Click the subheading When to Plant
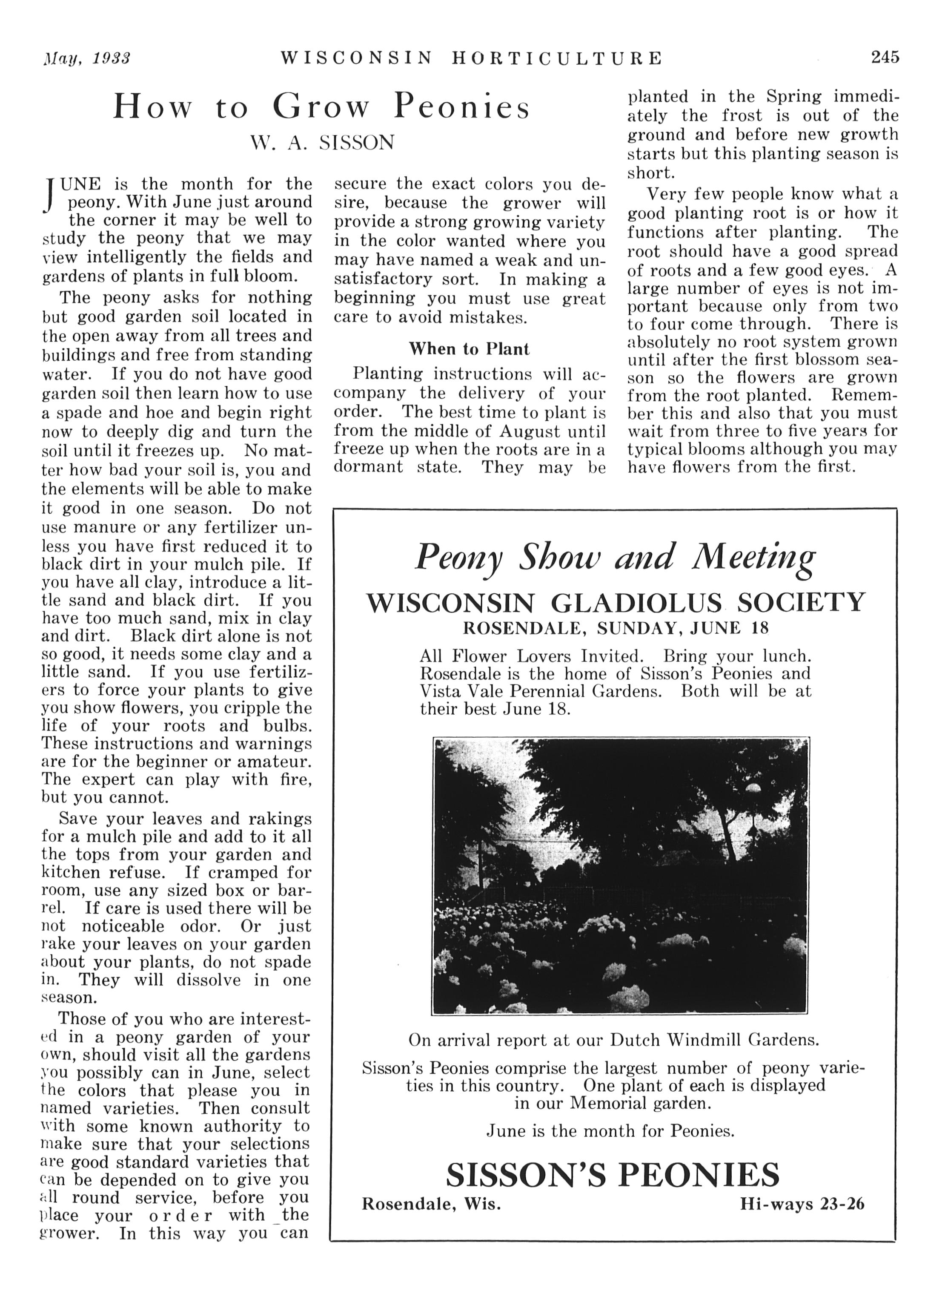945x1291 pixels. click(x=469, y=349)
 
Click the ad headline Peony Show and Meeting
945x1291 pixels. click(x=615, y=557)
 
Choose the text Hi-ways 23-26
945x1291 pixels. click(x=802, y=1204)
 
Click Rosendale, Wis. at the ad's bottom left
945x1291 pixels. click(x=431, y=1204)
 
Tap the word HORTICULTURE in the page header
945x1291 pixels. click(x=557, y=58)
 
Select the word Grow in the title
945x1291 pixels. click(x=321, y=107)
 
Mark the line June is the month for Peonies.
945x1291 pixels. click(x=610, y=1131)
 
